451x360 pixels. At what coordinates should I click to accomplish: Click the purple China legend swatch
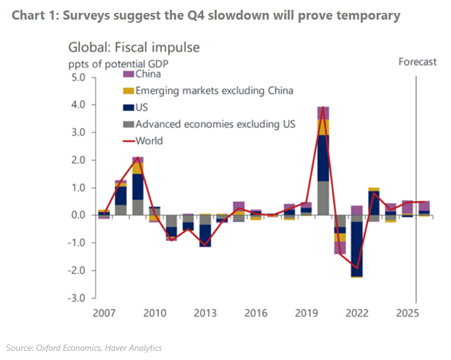tap(128, 75)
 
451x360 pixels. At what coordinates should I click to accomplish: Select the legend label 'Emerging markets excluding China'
tap(214, 91)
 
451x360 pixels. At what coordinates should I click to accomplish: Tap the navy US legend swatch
tap(128, 108)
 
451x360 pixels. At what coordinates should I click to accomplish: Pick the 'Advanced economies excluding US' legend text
tap(215, 124)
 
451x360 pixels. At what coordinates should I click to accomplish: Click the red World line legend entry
tap(128, 141)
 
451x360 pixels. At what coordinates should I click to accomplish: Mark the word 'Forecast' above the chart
tap(417, 61)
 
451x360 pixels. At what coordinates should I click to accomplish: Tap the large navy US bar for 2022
tap(357, 249)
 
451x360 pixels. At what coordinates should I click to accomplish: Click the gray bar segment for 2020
tap(323, 197)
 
